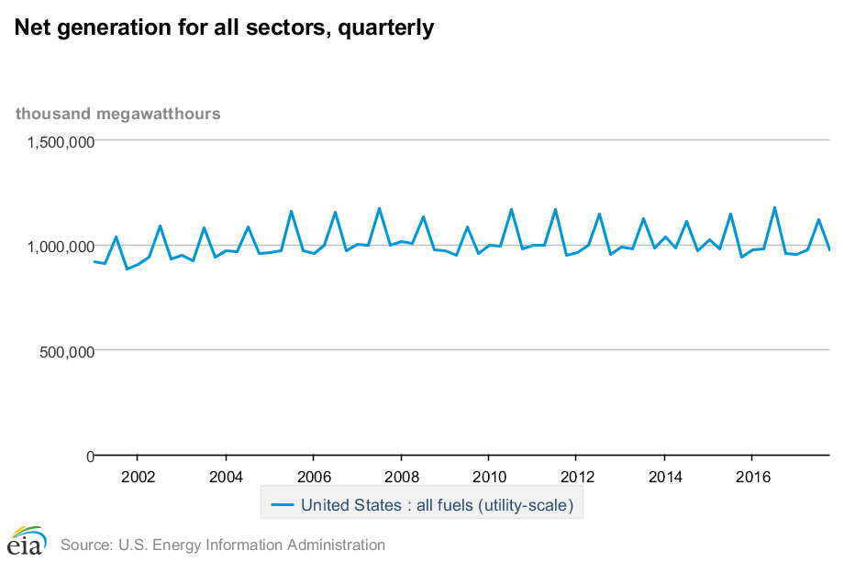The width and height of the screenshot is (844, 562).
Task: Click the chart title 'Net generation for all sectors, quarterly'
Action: [224, 28]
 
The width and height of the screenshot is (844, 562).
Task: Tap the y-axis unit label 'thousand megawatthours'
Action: [117, 114]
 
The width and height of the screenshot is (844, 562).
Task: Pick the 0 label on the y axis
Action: [90, 456]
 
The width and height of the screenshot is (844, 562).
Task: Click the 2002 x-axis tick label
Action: [137, 477]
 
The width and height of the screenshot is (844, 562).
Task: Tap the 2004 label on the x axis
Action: [225, 477]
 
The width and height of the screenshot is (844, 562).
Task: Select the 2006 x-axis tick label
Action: [313, 477]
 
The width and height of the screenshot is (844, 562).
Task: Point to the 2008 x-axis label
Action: [401, 477]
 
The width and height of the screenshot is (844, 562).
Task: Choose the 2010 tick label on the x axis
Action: [488, 477]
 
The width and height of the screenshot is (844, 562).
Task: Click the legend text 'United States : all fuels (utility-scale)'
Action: [437, 505]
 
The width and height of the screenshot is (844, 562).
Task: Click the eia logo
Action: [28, 541]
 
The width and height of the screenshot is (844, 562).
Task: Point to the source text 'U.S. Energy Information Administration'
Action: [251, 545]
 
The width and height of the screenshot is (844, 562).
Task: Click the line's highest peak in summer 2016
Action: [774, 207]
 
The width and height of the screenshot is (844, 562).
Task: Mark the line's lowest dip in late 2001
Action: [127, 269]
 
